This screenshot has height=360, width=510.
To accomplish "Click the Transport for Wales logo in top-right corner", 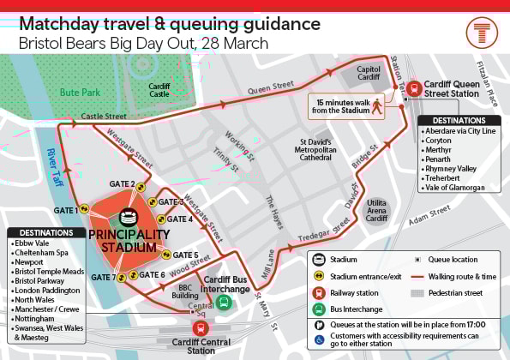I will pyautogui.click(x=480, y=33).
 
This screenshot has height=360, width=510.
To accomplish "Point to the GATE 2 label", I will pyautogui.click(x=121, y=184).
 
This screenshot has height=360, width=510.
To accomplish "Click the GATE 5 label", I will pyautogui.click(x=186, y=255).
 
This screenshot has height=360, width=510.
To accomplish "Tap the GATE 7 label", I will pyautogui.click(x=102, y=277).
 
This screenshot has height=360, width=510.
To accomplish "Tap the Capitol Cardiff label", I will pyautogui.click(x=368, y=74).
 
